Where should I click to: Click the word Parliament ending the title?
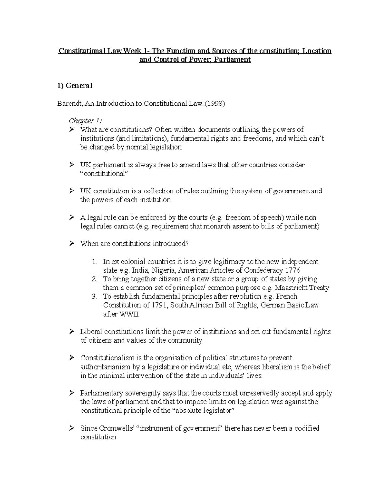click(x=235, y=60)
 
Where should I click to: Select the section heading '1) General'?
click(x=75, y=86)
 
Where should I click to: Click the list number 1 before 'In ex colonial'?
click(x=94, y=262)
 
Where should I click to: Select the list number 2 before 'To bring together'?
click(x=94, y=279)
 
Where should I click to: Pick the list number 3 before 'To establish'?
click(x=94, y=297)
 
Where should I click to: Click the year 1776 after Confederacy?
click(x=292, y=270)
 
